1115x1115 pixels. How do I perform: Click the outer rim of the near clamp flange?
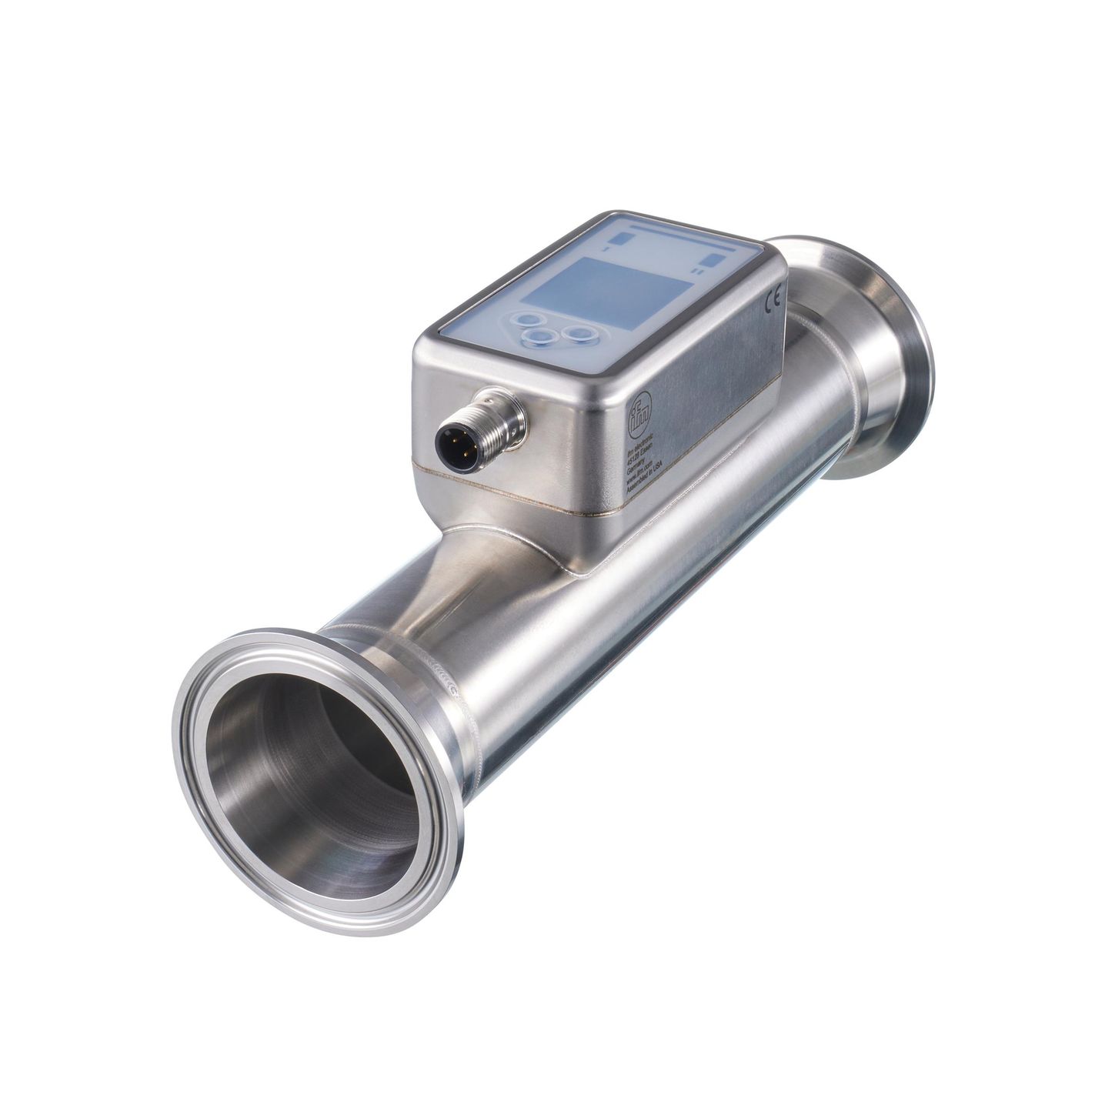pos(189,769)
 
